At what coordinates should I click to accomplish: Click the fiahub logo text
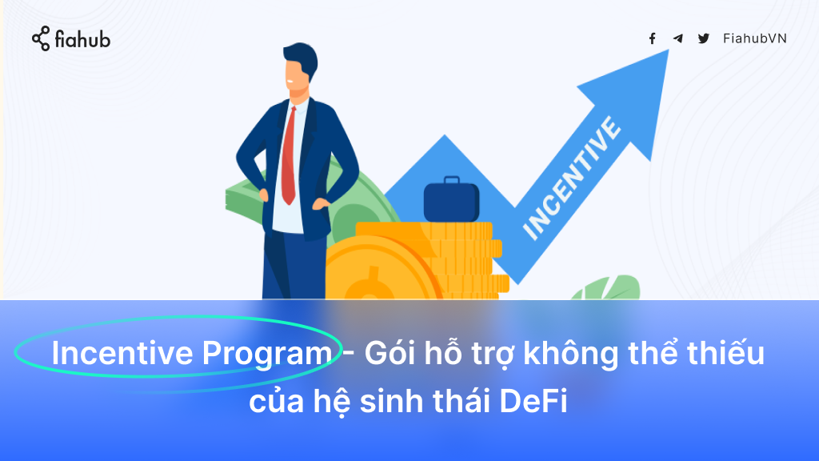(82, 39)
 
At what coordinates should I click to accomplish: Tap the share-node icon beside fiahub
(41, 38)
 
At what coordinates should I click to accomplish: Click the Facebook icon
(653, 38)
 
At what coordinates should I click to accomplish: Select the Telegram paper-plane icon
(678, 38)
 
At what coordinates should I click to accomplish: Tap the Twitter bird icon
(704, 38)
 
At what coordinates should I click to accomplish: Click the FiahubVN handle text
(755, 38)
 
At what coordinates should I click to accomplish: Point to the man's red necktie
(289, 156)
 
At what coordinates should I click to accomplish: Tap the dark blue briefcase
(451, 199)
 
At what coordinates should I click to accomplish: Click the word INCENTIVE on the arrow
(572, 178)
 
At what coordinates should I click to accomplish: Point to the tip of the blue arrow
(669, 50)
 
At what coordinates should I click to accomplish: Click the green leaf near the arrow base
(609, 288)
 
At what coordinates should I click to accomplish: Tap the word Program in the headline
(267, 354)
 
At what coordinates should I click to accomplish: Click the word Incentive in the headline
(122, 353)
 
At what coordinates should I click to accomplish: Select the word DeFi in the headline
(533, 401)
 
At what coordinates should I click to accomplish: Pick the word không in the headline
(570, 353)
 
